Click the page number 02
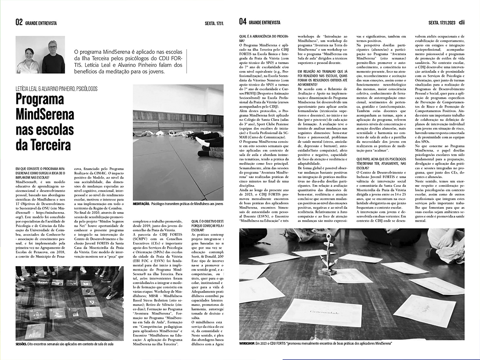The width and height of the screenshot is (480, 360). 19,22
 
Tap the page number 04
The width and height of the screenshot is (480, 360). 243,22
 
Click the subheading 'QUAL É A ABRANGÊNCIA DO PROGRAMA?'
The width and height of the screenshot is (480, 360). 263,38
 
